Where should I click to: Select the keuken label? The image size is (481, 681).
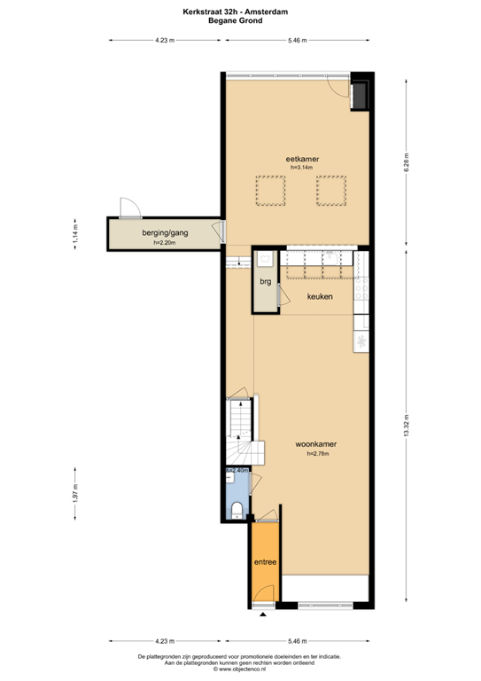click(320, 297)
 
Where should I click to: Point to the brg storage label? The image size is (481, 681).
click(265, 283)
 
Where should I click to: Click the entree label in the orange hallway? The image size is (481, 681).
click(265, 562)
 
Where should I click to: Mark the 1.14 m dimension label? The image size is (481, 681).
click(75, 234)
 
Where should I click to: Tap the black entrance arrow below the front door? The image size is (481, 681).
click(263, 614)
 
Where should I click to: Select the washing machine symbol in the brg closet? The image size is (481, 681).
click(265, 261)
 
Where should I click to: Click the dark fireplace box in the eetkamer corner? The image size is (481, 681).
click(361, 96)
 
